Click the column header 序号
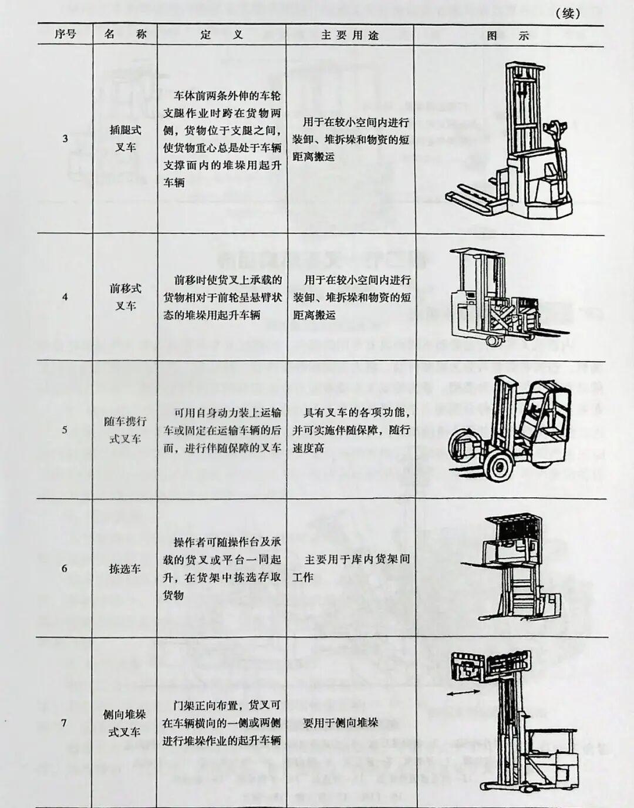pos(65,35)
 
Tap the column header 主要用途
pos(350,35)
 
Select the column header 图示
pos(508,36)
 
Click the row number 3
pos(65,139)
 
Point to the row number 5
pos(65,430)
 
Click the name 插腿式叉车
pos(125,139)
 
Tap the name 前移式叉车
pos(125,297)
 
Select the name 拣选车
pos(124,568)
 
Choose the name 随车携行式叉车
pos(125,430)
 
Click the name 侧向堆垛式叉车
pos(124,723)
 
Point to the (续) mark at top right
pos(568,14)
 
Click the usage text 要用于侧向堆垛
pos(340,723)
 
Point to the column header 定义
pos(221,35)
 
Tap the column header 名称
pos(125,35)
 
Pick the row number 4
pos(65,297)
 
